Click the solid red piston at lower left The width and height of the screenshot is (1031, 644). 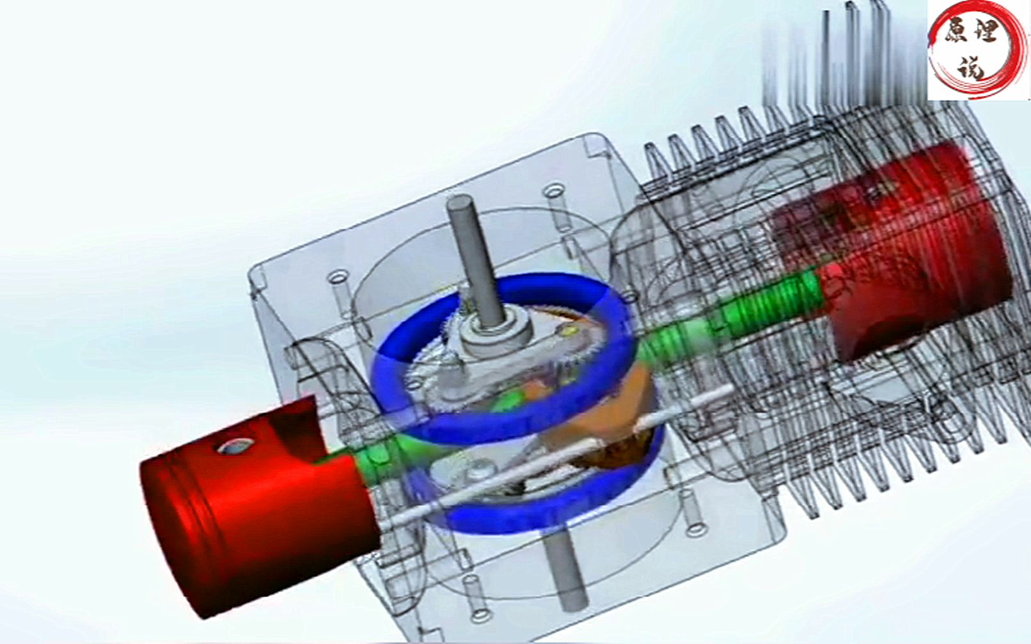pyautogui.click(x=258, y=505)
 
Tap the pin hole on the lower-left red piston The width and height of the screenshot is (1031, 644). pyautogui.click(x=235, y=445)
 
